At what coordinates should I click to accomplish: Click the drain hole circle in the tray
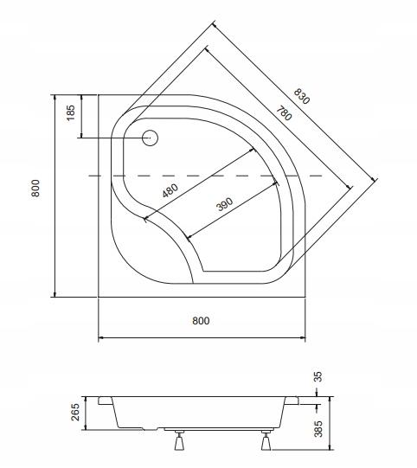(150, 138)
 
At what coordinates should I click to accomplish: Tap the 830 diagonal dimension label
(302, 96)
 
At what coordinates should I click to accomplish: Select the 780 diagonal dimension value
(284, 113)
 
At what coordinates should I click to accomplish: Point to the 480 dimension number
(170, 190)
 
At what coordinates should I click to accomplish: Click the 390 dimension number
(224, 204)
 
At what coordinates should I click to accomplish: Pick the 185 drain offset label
(71, 112)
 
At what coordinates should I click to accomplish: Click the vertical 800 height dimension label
(35, 188)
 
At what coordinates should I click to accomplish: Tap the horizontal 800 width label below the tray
(201, 321)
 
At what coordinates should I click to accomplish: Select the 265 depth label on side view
(75, 412)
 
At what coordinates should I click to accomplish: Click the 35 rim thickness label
(318, 376)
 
